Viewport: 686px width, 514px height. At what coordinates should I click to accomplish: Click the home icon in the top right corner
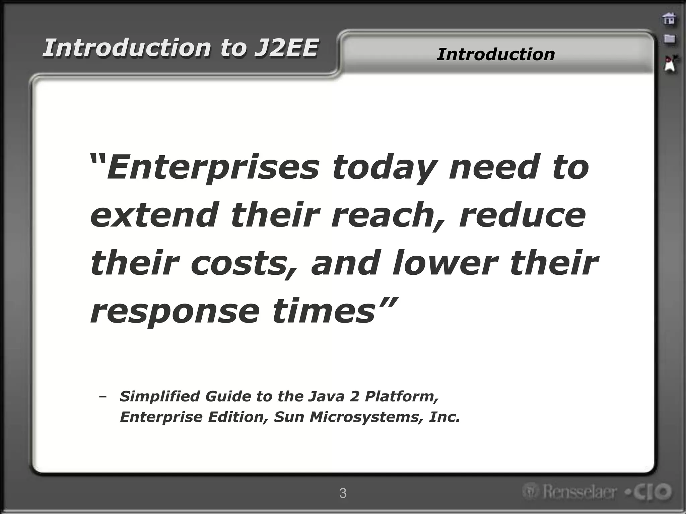(669, 19)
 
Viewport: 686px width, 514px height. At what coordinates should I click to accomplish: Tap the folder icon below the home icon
(669, 39)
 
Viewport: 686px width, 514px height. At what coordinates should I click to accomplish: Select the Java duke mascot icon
(670, 64)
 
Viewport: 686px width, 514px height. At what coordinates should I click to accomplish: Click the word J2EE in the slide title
(285, 48)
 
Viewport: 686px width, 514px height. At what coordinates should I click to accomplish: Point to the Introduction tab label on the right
(495, 54)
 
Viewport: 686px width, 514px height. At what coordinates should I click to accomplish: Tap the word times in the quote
(323, 311)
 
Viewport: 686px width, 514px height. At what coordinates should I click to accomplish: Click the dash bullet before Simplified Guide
(103, 397)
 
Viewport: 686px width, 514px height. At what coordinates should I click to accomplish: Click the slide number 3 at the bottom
(343, 493)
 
